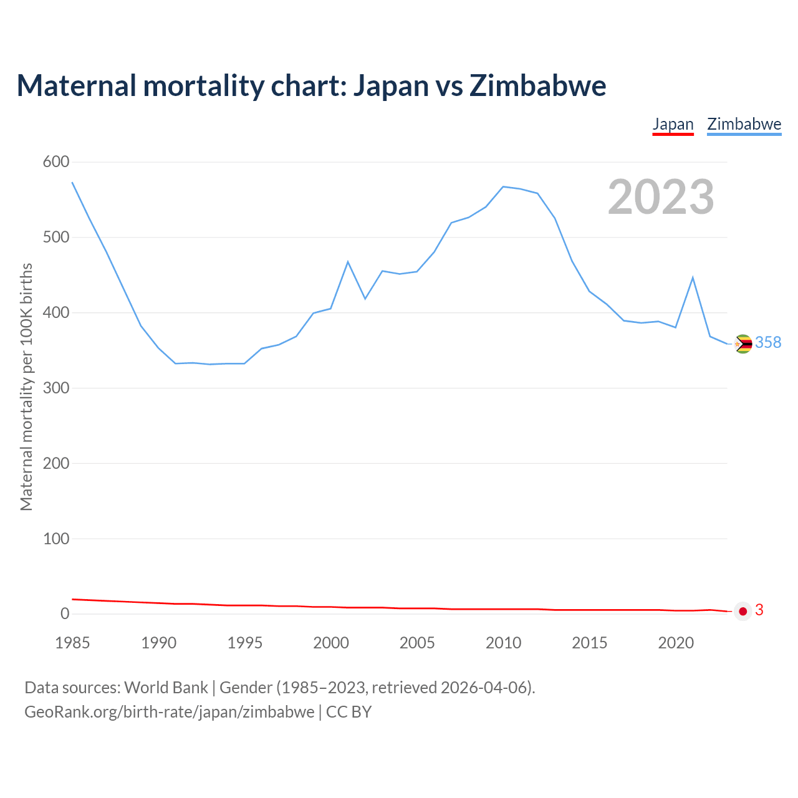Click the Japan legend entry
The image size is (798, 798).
click(673, 124)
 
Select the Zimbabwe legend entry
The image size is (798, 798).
click(744, 124)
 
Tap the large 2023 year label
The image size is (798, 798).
click(661, 197)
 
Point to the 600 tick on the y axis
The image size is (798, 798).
click(56, 162)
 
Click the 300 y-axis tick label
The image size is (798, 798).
click(56, 388)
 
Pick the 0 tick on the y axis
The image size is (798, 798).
click(65, 613)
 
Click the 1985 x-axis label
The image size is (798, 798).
click(72, 643)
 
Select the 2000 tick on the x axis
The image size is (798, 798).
click(331, 643)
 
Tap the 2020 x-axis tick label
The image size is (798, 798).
click(676, 643)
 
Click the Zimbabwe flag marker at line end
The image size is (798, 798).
click(743, 344)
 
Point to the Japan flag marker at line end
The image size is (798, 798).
click(743, 611)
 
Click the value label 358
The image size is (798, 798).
click(768, 342)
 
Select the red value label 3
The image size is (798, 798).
click(759, 610)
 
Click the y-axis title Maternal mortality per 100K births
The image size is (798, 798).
click(26, 387)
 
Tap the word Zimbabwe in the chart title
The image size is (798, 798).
click(537, 85)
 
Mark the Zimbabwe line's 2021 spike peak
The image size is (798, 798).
click(693, 277)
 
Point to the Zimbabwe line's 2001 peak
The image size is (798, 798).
click(348, 262)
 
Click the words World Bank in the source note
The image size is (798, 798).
click(166, 688)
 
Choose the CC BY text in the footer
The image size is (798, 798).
click(349, 712)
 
